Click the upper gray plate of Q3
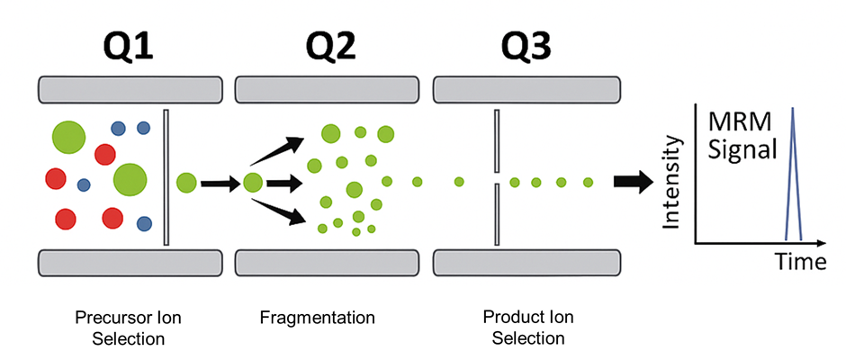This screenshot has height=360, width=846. point(526,89)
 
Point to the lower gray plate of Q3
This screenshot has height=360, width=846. point(526,262)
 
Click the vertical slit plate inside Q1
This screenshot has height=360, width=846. point(166,177)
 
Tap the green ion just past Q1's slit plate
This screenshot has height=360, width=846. point(187,184)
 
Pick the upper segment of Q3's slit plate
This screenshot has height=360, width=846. point(496,141)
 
